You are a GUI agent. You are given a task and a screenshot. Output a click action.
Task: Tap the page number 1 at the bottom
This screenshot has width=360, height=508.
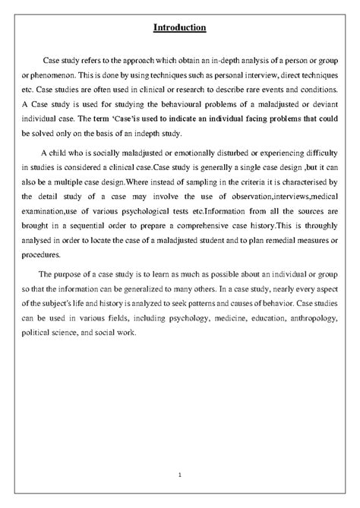pyautogui.click(x=180, y=475)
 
